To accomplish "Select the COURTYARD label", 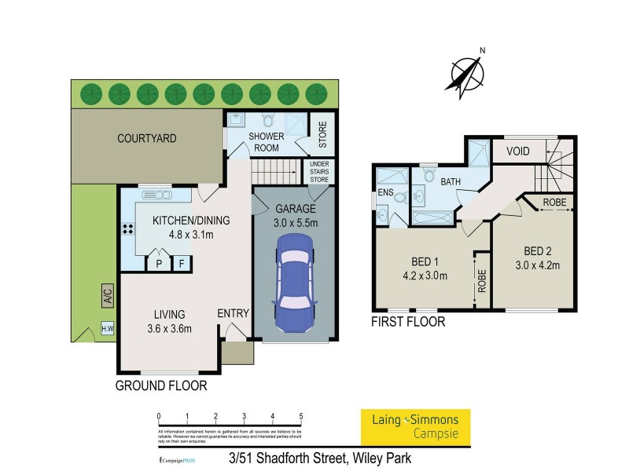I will (147, 138).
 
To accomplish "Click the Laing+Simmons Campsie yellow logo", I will (414, 425).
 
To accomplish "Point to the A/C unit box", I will (107, 296).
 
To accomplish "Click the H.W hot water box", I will (107, 330).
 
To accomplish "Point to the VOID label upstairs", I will (517, 151).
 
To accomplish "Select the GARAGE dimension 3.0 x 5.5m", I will (294, 223).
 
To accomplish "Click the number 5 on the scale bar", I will (301, 416).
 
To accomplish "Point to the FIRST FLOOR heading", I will (409, 322).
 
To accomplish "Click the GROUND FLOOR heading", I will (161, 385).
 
